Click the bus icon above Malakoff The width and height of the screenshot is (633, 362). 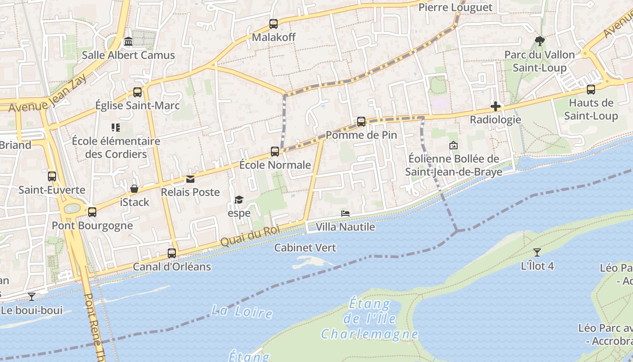tap(274, 24)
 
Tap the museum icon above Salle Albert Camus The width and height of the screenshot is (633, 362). tap(128, 42)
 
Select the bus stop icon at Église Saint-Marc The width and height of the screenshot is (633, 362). tap(137, 92)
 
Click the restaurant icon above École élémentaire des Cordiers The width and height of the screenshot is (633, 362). tap(116, 128)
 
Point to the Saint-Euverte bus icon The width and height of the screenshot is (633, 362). tap(52, 176)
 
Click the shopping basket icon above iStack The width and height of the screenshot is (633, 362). tap(134, 189)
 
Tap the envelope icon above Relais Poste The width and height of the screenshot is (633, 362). tap(190, 179)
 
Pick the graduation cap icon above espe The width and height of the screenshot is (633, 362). tap(239, 200)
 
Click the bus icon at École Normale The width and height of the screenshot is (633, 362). tap(275, 152)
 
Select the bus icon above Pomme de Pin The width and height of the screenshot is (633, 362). tap(361, 122)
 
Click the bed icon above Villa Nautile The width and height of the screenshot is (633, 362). tap(345, 214)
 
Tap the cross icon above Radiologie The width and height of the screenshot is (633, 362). tap(496, 107)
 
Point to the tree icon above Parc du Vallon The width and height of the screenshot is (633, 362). tap(539, 41)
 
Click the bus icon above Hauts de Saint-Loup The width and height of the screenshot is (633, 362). tap(591, 90)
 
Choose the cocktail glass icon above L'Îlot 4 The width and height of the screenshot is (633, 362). tap(537, 252)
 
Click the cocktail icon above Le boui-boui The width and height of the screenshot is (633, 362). tap(32, 297)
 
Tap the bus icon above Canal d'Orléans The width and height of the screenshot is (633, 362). tap(172, 253)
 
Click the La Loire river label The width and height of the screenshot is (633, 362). tap(242, 312)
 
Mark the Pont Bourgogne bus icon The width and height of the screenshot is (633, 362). tap(92, 212)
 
